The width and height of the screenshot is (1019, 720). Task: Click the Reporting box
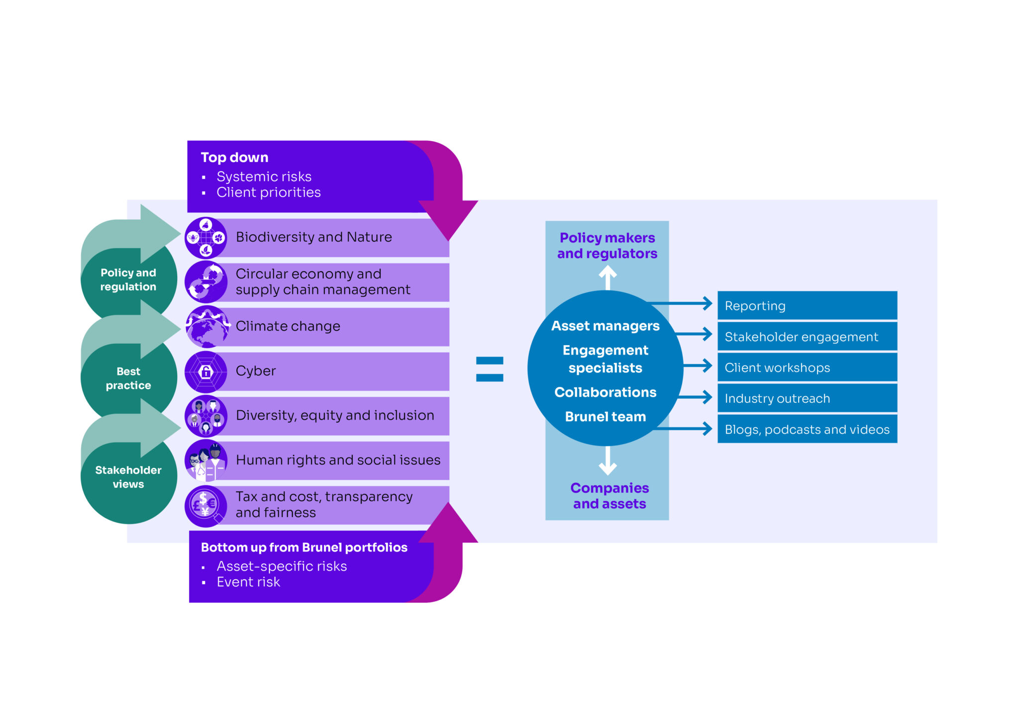tap(807, 305)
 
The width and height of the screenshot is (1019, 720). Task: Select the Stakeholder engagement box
tap(807, 337)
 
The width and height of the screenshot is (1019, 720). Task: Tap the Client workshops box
tap(807, 367)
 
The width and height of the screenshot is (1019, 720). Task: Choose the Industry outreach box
tap(807, 398)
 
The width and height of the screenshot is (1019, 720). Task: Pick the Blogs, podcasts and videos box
tap(807, 429)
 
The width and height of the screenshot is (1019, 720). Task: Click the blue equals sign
tap(490, 369)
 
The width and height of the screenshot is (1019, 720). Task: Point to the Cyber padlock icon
tap(206, 371)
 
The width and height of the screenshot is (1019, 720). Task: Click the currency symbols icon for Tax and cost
tap(205, 505)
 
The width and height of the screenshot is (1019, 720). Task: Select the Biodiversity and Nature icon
tap(206, 238)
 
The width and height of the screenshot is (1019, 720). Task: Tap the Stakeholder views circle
tap(128, 477)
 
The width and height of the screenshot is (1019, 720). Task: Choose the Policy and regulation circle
tap(128, 280)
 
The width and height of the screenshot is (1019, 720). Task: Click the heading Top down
tap(234, 158)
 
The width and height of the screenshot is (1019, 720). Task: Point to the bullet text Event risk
tap(248, 582)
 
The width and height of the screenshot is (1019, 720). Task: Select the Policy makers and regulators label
tap(607, 246)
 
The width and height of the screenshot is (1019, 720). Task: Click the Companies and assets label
tap(610, 496)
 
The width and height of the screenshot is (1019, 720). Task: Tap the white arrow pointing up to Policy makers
tap(608, 277)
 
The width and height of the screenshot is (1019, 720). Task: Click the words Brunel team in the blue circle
tap(606, 417)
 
